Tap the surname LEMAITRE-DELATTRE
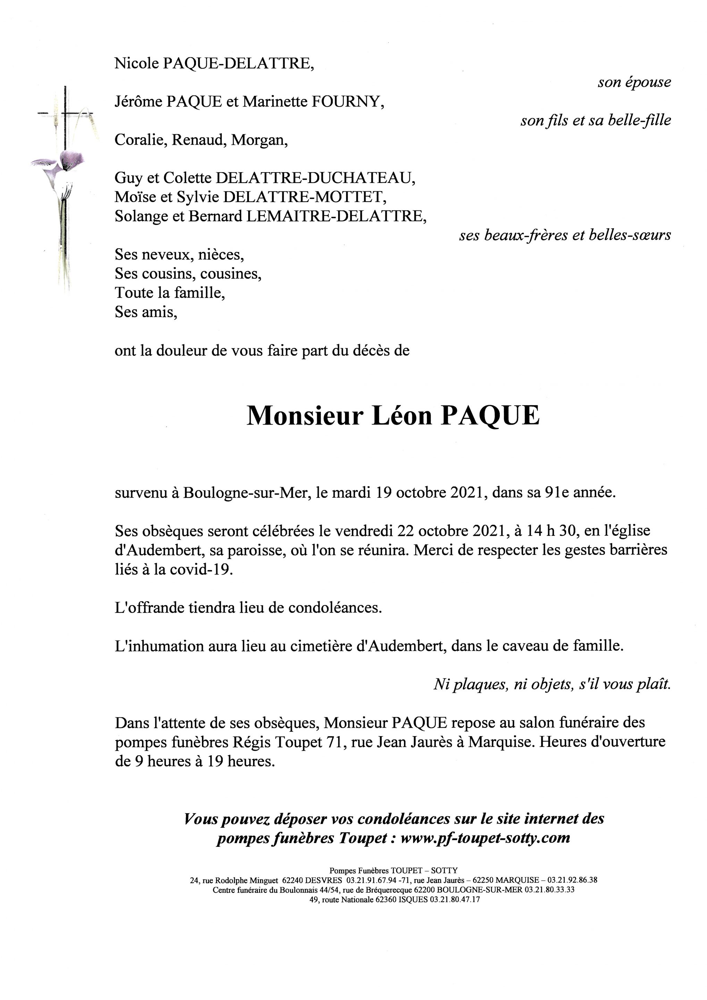tap(336, 216)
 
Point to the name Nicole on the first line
tap(136, 64)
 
